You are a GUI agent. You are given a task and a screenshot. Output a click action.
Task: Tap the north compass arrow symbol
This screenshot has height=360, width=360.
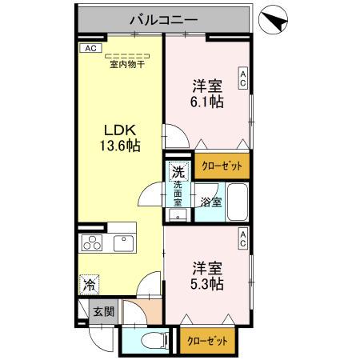pos(276,21)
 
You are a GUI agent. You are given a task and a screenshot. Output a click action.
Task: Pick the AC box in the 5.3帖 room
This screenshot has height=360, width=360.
pos(242,238)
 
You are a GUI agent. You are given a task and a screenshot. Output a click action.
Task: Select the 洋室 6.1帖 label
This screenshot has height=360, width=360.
pos(206,94)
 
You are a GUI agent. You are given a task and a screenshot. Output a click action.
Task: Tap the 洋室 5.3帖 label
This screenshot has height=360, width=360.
pos(206,275)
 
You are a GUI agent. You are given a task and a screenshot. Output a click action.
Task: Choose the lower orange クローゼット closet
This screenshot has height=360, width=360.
pos(207,340)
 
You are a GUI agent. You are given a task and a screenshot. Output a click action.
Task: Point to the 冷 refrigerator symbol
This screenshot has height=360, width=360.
pos(91,284)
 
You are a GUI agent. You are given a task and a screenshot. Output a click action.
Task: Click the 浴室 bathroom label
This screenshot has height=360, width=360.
pos(210,201)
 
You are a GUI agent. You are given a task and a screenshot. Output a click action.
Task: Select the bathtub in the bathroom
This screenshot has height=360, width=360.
pos(236,202)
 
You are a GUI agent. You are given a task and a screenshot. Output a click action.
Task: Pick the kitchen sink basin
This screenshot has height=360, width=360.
pos(125,242)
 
